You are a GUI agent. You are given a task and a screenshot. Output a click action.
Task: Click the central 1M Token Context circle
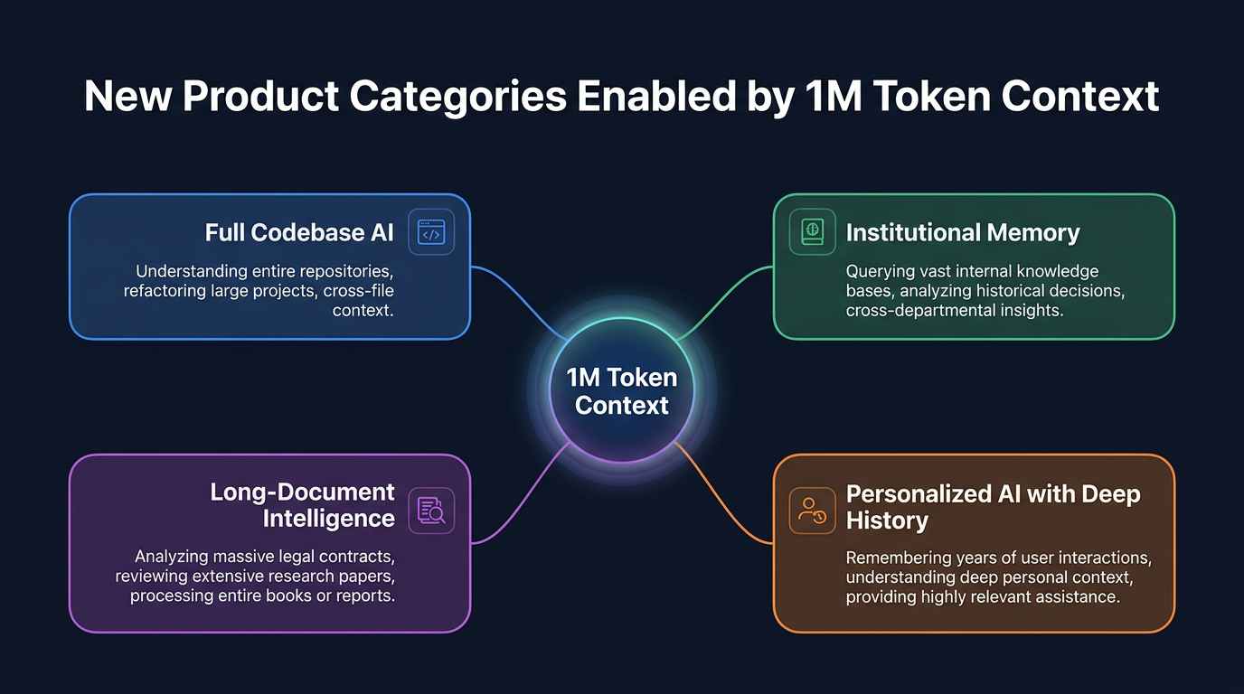[622, 390]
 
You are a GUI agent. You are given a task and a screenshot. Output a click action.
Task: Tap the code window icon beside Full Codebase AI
[431, 233]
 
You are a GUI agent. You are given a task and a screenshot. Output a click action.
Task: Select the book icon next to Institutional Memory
[812, 232]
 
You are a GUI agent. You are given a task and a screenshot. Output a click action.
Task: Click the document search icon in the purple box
[431, 510]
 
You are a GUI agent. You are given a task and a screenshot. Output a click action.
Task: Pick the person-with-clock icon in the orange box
[812, 510]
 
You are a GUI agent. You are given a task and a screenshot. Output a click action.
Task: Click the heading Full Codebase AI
[299, 233]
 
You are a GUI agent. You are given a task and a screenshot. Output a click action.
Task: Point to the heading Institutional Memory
[963, 233]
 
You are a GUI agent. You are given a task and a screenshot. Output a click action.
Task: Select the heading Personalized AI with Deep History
[993, 507]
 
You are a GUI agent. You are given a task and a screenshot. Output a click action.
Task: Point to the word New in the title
[127, 97]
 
